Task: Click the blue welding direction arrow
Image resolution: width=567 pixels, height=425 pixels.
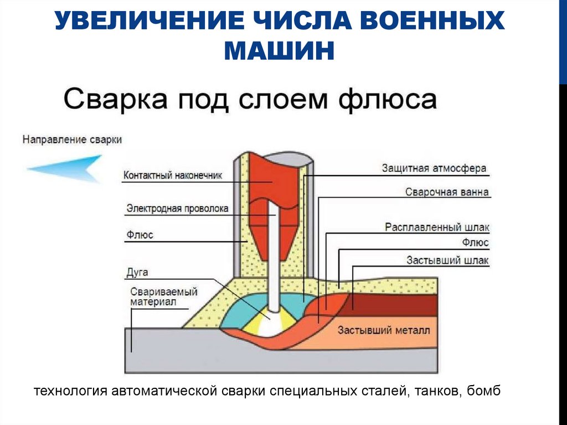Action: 66,168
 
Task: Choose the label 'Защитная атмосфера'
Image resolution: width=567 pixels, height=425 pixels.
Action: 434,168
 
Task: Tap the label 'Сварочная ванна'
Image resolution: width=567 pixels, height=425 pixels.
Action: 447,193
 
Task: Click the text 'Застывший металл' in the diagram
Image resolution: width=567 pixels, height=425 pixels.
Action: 383,331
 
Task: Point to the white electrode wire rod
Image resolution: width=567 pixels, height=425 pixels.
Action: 273,255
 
